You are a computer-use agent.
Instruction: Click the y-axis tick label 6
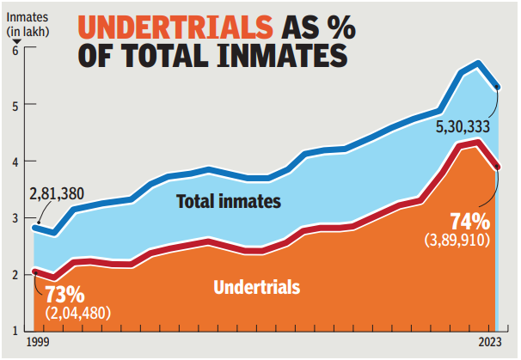(15, 50)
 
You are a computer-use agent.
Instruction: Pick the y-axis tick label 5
(15, 106)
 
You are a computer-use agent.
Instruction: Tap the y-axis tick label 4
(15, 162)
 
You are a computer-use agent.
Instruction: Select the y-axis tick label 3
(15, 218)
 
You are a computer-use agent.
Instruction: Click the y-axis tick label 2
(15, 274)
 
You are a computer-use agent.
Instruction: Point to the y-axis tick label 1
(15, 330)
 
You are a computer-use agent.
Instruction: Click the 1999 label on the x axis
(36, 343)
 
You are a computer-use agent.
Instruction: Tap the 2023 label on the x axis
(492, 343)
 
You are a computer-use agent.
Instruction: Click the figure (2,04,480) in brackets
(79, 314)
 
